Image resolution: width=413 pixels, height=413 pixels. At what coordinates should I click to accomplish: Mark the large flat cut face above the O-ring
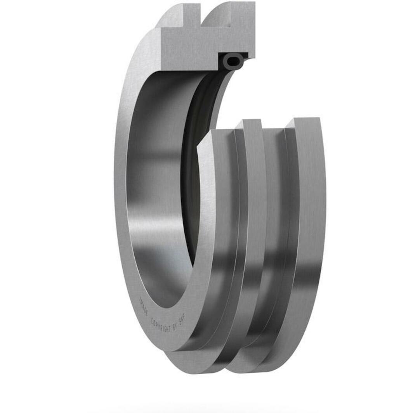point(190,50)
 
